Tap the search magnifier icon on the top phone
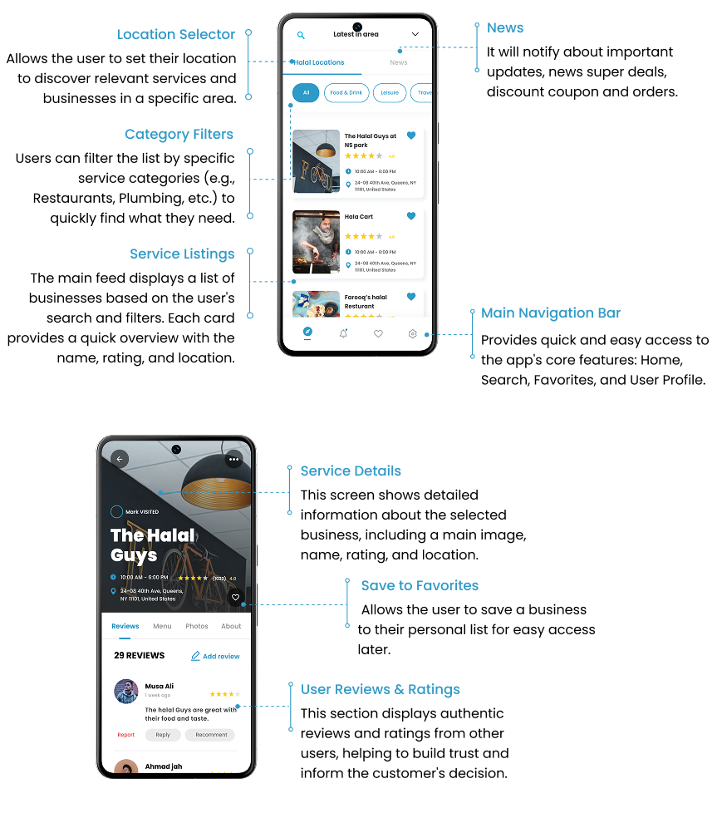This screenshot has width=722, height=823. pyautogui.click(x=301, y=35)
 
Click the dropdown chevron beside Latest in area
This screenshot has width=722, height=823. pyautogui.click(x=415, y=34)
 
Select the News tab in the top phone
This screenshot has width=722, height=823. pyautogui.click(x=399, y=62)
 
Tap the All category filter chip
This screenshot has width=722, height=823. pyautogui.click(x=306, y=93)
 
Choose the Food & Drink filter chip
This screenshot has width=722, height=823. pyautogui.click(x=346, y=93)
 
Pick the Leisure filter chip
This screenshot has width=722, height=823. pyautogui.click(x=390, y=93)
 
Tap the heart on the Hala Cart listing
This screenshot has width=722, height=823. pyautogui.click(x=411, y=216)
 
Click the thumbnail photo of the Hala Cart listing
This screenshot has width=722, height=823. pyautogui.click(x=317, y=242)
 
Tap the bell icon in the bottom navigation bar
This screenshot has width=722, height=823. pyautogui.click(x=343, y=333)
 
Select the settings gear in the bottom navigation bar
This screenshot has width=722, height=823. pyautogui.click(x=412, y=333)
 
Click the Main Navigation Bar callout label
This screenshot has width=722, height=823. pyautogui.click(x=551, y=313)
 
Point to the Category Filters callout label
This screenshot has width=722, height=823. pyautogui.click(x=179, y=135)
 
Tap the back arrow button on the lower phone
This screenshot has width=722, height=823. pyautogui.click(x=120, y=459)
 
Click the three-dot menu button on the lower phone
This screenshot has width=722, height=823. pyautogui.click(x=233, y=459)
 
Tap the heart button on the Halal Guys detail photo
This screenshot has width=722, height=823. pyautogui.click(x=235, y=597)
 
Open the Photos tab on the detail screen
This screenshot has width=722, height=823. pyautogui.click(x=197, y=626)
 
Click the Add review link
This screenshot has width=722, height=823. pyautogui.click(x=215, y=656)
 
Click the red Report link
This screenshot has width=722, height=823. pyautogui.click(x=126, y=735)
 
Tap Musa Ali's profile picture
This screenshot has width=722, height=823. pyautogui.click(x=126, y=691)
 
